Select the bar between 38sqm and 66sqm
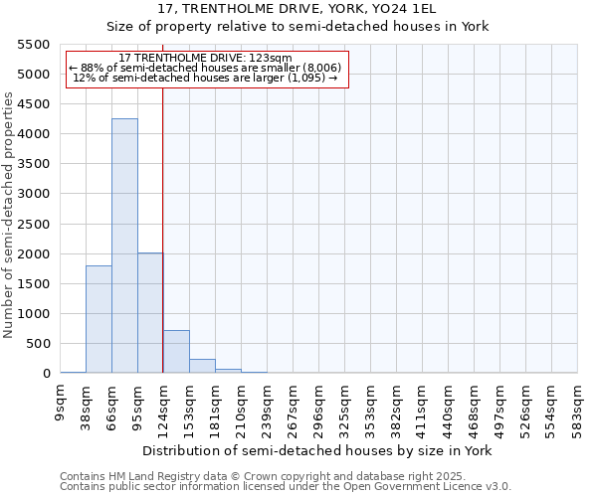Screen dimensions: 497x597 pos(99,319)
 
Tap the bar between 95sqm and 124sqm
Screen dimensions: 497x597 pos(150,313)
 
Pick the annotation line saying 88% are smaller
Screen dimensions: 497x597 pos(205,68)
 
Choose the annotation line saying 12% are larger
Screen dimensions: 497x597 pos(206,78)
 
